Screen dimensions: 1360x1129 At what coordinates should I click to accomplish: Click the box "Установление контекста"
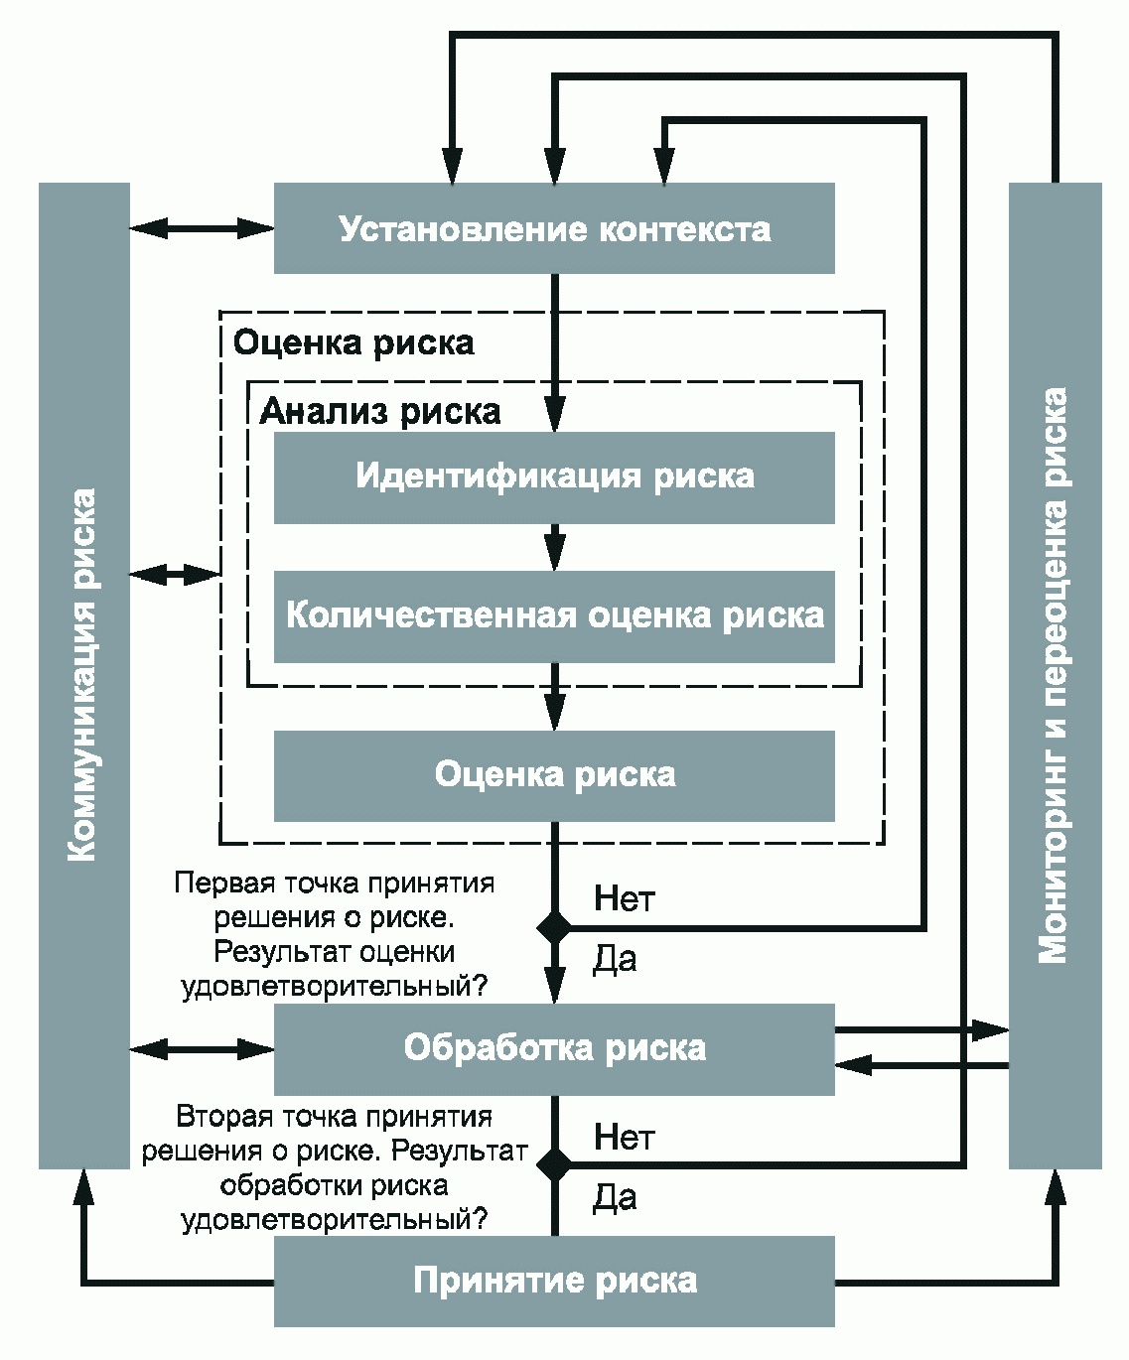tap(554, 228)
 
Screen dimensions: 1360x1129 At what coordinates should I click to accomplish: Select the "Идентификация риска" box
tap(554, 476)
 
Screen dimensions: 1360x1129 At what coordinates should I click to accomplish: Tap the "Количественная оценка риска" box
tap(554, 615)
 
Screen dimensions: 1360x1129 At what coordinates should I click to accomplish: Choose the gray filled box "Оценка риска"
tap(554, 775)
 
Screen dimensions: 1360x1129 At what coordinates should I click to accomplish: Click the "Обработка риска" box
tap(554, 1048)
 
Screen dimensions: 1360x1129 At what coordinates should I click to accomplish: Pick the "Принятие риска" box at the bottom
tap(554, 1281)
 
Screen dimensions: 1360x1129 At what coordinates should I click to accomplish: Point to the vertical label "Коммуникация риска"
tap(83, 675)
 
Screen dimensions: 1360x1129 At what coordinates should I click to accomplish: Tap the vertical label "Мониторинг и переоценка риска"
tap(1055, 675)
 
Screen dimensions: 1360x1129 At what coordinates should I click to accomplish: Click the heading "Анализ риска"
tap(380, 411)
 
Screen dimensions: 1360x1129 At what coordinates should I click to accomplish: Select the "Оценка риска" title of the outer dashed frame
tap(353, 343)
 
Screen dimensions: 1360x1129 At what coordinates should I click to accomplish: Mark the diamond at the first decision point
tap(554, 928)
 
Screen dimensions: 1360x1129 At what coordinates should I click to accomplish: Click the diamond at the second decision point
tap(554, 1164)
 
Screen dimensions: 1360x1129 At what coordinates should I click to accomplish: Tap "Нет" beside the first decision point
tap(624, 899)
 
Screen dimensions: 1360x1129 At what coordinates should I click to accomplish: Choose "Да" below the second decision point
tap(615, 1198)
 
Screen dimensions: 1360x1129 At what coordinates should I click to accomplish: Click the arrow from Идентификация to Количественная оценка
tap(554, 547)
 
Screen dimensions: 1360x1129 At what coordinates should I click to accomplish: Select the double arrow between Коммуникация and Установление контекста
tap(202, 228)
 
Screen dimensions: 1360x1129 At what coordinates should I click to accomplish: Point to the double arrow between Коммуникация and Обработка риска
tap(202, 1048)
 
